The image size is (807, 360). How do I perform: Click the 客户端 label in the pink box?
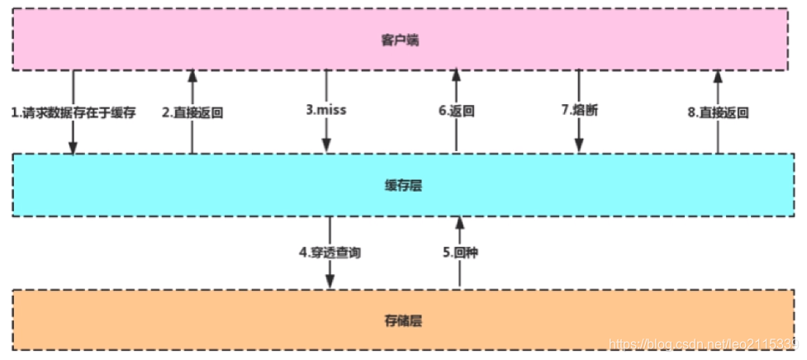click(x=401, y=39)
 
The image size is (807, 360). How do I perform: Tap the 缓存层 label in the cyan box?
click(x=403, y=186)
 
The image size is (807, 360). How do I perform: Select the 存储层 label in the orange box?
click(x=403, y=319)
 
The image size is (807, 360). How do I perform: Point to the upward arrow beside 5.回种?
click(x=458, y=231)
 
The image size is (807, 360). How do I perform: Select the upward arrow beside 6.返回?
click(x=456, y=87)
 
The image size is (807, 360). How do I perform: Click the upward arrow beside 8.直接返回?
click(x=717, y=87)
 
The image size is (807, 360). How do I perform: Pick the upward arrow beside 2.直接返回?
click(x=192, y=87)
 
